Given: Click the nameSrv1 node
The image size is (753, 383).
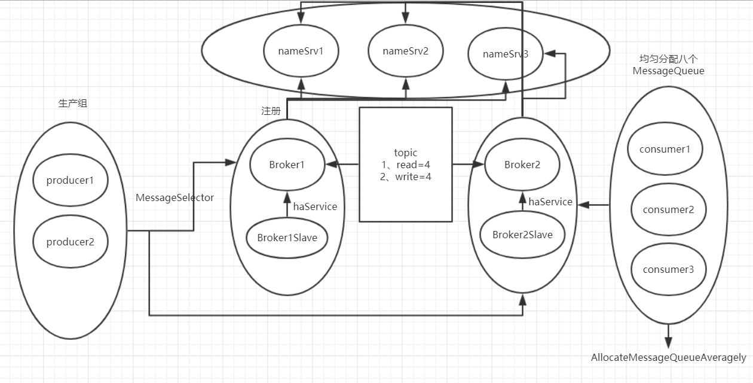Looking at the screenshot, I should click(x=301, y=51).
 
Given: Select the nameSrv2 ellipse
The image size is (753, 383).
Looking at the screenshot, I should click(x=406, y=51).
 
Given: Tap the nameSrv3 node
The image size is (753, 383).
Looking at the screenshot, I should click(x=506, y=54).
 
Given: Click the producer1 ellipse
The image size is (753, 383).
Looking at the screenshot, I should click(x=70, y=180).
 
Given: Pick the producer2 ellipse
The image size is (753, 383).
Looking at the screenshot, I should click(x=70, y=242).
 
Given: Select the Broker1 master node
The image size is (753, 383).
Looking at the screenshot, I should click(x=287, y=165).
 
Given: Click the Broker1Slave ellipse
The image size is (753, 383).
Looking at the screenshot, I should click(x=287, y=238).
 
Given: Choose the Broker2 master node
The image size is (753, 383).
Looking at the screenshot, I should click(x=522, y=165).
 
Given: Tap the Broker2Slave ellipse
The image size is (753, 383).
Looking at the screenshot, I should click(x=522, y=235).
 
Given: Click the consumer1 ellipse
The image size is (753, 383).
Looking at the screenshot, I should click(x=665, y=149).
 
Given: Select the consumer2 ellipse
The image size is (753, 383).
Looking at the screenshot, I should click(x=668, y=209).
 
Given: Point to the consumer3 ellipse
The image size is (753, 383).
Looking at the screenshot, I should click(x=668, y=269).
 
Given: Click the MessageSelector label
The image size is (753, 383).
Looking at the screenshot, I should click(x=175, y=197).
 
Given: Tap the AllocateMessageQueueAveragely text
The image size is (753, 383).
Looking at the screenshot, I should click(x=668, y=357).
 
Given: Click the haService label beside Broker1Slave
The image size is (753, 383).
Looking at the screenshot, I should click(x=315, y=206).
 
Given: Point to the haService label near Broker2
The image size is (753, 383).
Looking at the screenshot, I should click(x=550, y=202).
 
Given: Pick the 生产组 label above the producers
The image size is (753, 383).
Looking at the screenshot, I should click(x=73, y=103).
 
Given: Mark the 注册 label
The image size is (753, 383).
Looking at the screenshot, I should click(x=271, y=111).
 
